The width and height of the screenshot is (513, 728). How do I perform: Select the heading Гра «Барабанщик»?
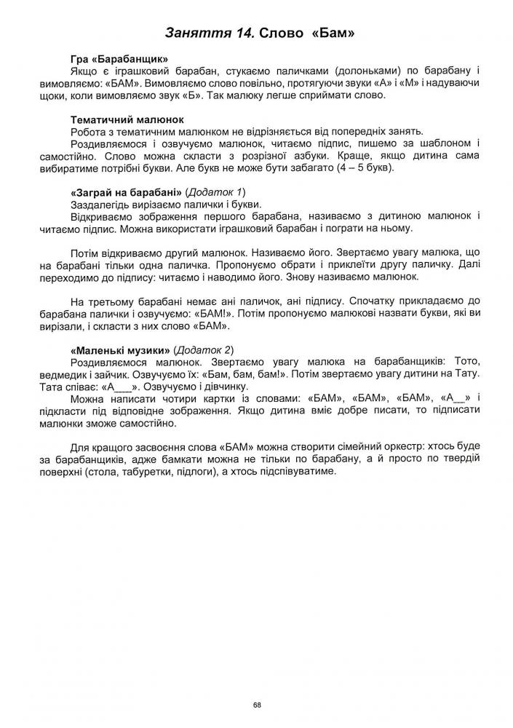(119, 59)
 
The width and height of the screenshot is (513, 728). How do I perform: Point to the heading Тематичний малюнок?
(127, 119)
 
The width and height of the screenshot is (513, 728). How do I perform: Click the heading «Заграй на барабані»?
(126, 191)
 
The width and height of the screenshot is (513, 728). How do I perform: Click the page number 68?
(257, 705)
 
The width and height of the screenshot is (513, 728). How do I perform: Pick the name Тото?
(469, 362)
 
